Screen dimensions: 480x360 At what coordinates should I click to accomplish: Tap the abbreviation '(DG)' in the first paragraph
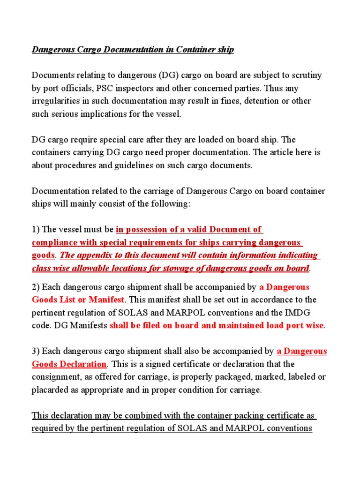(x=168, y=75)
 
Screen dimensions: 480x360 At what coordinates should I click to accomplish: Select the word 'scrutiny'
(x=306, y=75)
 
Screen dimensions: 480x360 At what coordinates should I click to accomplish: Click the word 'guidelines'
(x=123, y=165)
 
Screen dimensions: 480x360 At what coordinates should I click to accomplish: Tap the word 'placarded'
(x=50, y=390)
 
